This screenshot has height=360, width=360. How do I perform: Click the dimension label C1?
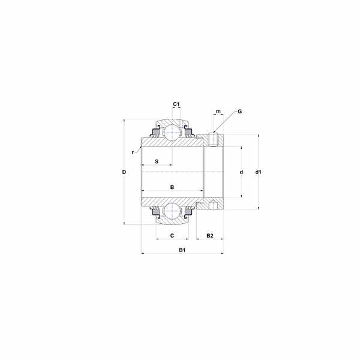pos(176,104)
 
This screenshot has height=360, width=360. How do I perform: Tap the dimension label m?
pos(218,112)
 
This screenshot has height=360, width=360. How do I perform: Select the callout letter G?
pos(239,112)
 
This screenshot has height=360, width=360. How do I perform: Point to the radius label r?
pos(133,152)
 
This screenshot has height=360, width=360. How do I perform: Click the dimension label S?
pos(157,161)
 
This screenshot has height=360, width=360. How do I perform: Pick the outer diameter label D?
pos(124,172)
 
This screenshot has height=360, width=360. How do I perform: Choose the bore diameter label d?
pos(241,172)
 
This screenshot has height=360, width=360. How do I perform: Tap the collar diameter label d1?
pos(258,172)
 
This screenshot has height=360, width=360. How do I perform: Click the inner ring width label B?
pos(172,187)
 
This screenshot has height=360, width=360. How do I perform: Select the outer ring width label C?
pos(172,236)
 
